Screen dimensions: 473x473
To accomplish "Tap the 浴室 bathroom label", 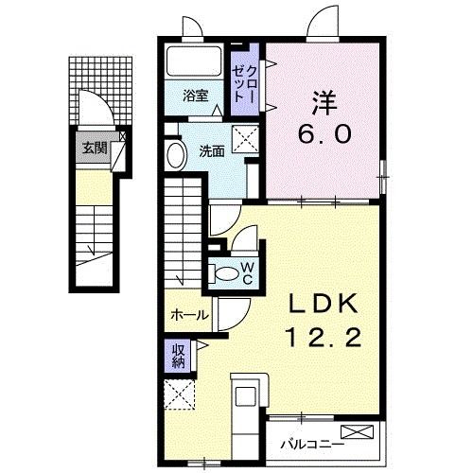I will point(196,96).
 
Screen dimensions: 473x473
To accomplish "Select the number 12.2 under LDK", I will point(323,338).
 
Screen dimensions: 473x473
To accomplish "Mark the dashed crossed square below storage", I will point(179,394).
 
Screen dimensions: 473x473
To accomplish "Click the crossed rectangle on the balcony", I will point(358,432).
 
